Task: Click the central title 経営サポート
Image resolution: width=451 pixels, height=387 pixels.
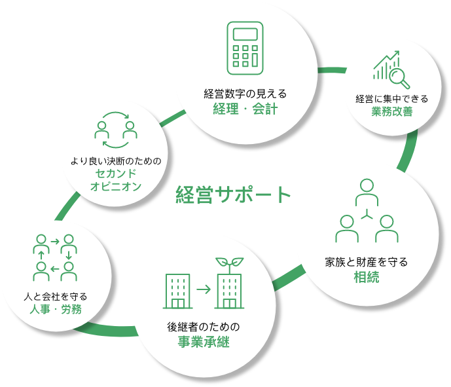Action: [x=233, y=194]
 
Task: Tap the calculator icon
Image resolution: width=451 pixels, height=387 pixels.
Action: [x=245, y=48]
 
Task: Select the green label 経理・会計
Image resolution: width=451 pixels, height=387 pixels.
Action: [x=245, y=109]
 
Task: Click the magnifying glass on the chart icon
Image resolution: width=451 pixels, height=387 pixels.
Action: [x=399, y=77]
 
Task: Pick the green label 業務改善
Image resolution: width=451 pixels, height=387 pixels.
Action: [x=391, y=111]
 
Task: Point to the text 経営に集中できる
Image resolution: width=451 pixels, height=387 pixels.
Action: [x=391, y=99]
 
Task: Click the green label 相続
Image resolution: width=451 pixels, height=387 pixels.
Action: [x=367, y=277]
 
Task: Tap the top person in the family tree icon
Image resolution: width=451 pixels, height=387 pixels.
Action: [x=367, y=193]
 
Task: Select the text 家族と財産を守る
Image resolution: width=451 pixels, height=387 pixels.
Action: [x=367, y=262]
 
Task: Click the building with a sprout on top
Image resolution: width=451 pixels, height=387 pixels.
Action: [x=230, y=283]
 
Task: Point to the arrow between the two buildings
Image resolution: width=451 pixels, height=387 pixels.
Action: [x=204, y=289]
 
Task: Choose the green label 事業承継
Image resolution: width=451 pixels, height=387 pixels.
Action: [x=204, y=342]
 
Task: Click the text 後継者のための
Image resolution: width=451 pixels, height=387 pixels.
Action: [x=204, y=327]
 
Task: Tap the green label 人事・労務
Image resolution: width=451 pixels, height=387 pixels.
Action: [x=56, y=309]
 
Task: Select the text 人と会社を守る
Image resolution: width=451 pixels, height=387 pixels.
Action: [x=56, y=297]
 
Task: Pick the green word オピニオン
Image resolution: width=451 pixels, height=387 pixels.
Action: [x=116, y=186]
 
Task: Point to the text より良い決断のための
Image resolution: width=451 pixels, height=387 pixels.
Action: [x=116, y=161]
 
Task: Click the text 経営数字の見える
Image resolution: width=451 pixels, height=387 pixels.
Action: [x=245, y=94]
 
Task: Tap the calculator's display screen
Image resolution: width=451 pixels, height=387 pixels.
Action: [x=245, y=34]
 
